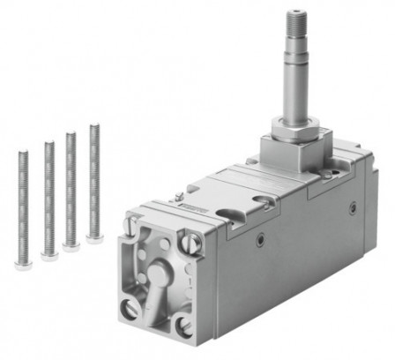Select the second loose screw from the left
[48, 196]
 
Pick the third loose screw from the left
[71, 187]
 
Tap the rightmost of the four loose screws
[93, 181]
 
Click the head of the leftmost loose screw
[24, 260]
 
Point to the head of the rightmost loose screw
[94, 237]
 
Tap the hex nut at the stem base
[294, 133]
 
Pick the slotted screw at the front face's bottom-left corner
[131, 308]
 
